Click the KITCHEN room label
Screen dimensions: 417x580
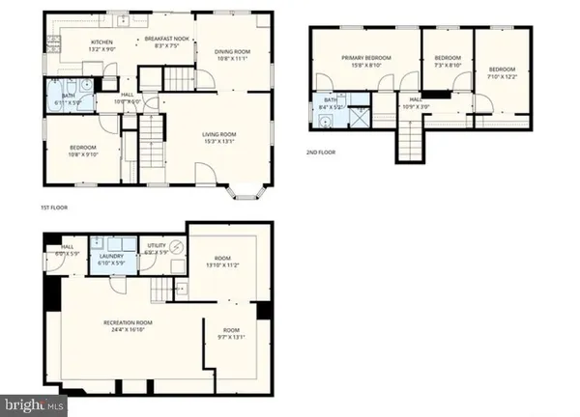click(102, 42)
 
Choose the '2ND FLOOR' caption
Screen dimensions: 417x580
click(323, 152)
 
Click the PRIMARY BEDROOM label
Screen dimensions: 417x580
click(365, 58)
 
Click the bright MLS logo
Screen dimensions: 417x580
click(33, 403)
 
